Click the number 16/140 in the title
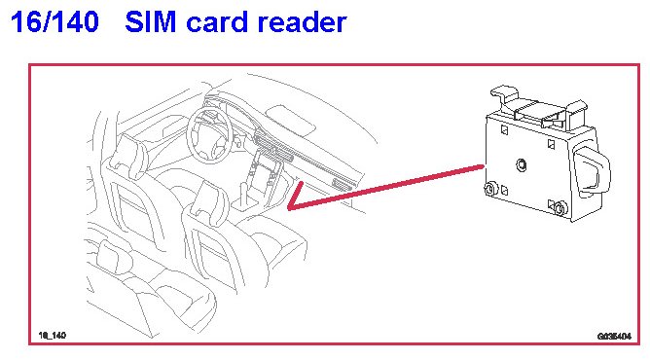click(54, 22)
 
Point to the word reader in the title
click(302, 22)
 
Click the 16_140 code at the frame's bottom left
click(53, 335)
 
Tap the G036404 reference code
click(614, 336)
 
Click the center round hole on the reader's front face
click(522, 164)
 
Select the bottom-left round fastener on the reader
click(490, 189)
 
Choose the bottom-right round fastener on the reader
click(560, 208)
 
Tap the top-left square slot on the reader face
click(504, 130)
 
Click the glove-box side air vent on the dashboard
click(342, 184)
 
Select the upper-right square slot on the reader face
click(552, 144)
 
